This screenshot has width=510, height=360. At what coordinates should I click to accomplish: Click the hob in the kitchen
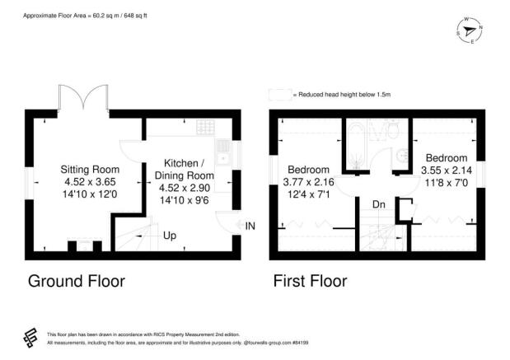click(x=205, y=128)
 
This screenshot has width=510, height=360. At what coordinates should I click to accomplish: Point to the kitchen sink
click(x=223, y=152)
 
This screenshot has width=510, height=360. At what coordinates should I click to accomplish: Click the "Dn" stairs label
click(x=378, y=203)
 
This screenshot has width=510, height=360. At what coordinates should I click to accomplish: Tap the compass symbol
click(x=470, y=31)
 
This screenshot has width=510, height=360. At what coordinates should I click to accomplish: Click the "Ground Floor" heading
click(x=76, y=281)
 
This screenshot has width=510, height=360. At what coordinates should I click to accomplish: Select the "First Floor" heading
click(x=310, y=281)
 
